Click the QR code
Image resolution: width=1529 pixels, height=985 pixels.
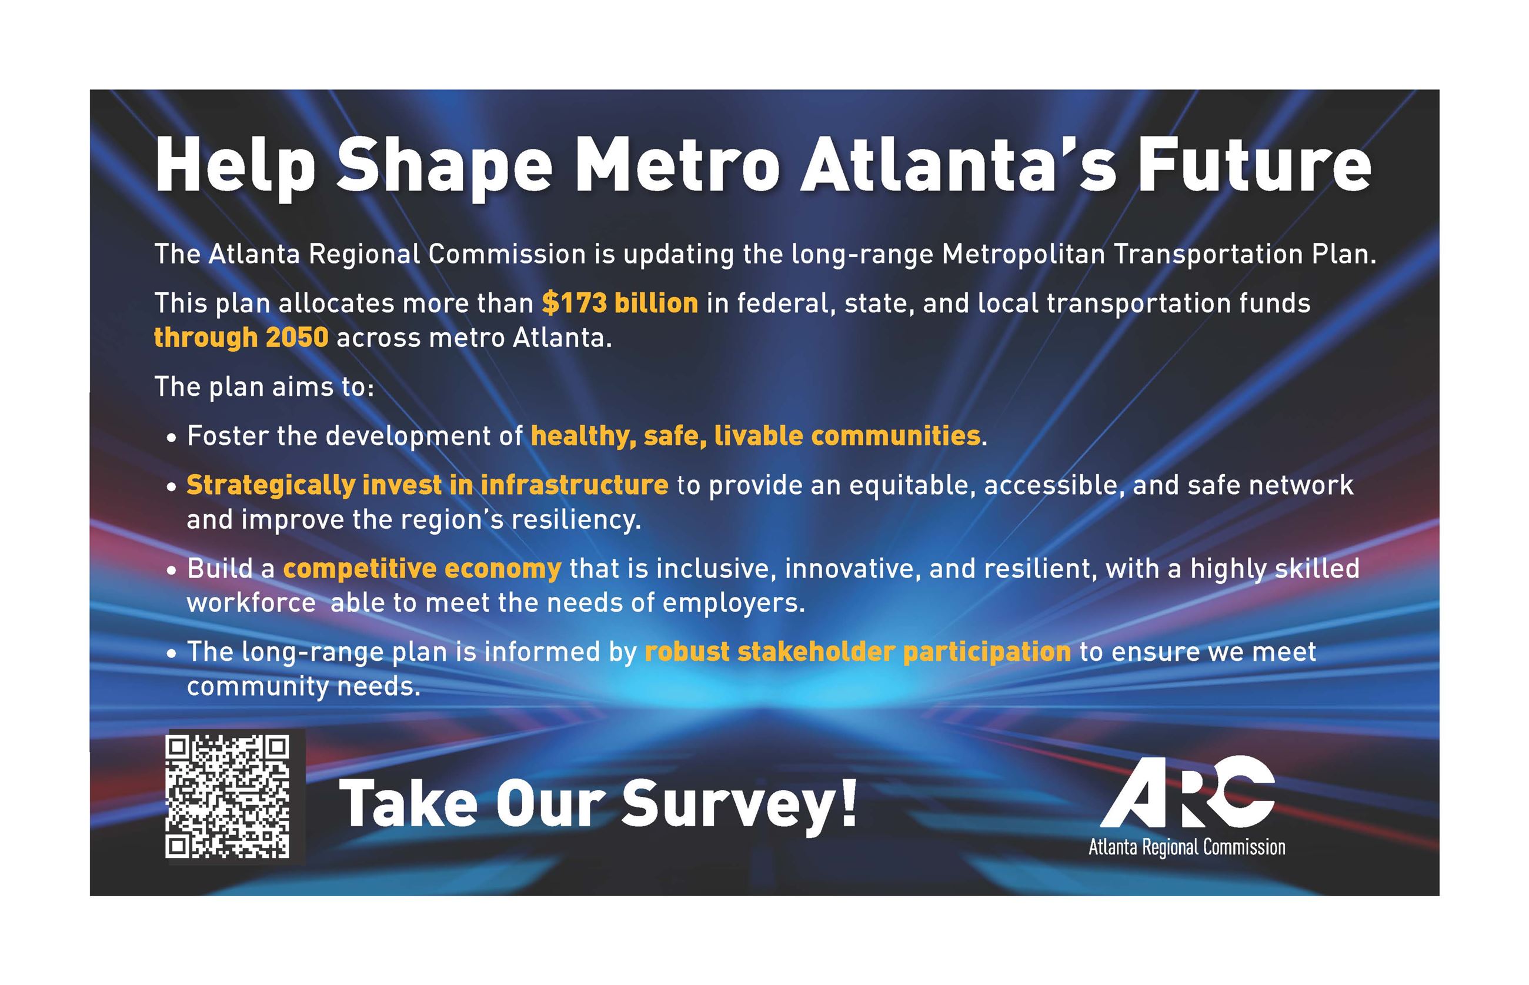(x=227, y=796)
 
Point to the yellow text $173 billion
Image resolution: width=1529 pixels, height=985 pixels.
(x=620, y=302)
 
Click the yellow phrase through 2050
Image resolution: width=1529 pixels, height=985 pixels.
(x=241, y=337)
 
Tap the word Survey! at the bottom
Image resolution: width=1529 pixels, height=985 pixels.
(x=739, y=803)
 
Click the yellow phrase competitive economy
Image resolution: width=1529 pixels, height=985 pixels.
(x=422, y=568)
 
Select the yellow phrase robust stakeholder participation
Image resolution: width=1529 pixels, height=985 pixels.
(x=857, y=652)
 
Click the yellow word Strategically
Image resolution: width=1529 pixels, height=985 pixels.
(x=271, y=485)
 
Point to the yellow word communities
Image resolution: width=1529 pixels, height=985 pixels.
(x=895, y=436)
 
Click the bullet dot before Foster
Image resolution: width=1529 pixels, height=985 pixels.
(x=171, y=439)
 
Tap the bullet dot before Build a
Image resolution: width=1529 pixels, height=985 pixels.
(x=171, y=570)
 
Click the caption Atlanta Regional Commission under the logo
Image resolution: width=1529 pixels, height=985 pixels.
(x=1187, y=847)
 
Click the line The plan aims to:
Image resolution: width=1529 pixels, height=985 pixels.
(x=264, y=386)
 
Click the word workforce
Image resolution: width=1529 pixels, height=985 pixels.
(x=251, y=603)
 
